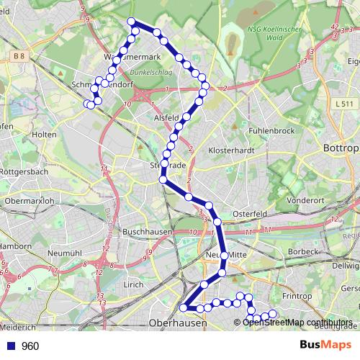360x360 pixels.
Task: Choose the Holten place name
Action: click(x=45, y=134)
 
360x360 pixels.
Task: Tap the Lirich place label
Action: click(x=134, y=285)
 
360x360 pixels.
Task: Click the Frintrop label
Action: click(x=296, y=296)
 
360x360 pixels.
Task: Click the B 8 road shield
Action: click(x=18, y=55)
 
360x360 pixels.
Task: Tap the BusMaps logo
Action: click(x=325, y=346)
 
